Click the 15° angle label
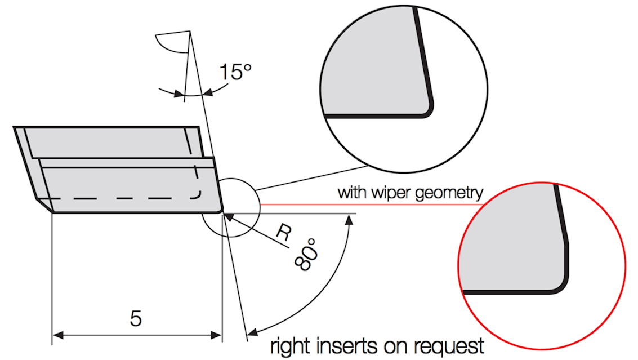tap(235, 72)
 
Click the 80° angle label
tap(307, 255)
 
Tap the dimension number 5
tap(136, 318)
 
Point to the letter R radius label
tap(284, 233)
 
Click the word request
tap(449, 347)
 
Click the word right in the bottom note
tap(291, 346)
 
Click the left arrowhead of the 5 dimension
tap(58, 335)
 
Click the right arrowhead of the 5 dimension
tap(216, 335)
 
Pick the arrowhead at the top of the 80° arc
tap(349, 220)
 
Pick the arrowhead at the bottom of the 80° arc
tap(253, 332)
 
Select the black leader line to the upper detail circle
tap(311, 178)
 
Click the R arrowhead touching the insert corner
tap(228, 217)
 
